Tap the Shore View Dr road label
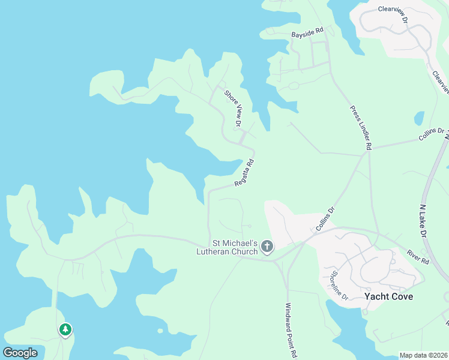(233, 109)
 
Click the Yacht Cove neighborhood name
(388, 297)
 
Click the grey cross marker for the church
(267, 247)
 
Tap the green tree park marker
(65, 329)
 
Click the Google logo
(20, 353)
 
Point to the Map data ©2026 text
(423, 355)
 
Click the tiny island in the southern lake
(160, 331)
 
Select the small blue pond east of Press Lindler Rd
(419, 118)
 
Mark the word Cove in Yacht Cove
(402, 297)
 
